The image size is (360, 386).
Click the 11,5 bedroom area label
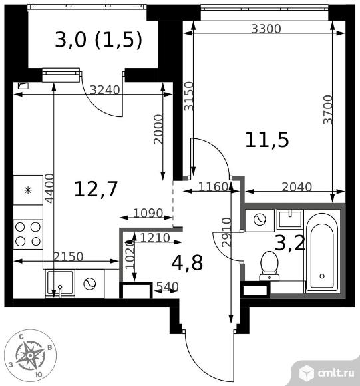tap(267, 140)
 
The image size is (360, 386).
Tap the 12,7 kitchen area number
tap(96, 189)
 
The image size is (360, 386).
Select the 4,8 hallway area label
tap(187, 263)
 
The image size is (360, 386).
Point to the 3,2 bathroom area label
tap(290, 243)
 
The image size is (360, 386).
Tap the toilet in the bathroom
tap(270, 266)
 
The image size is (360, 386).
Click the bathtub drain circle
tap(322, 276)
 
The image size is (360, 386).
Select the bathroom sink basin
tap(290, 218)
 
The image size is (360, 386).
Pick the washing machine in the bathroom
tap(260, 220)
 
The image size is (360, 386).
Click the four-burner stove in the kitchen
tap(28, 234)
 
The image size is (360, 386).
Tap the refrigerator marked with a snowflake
tap(28, 190)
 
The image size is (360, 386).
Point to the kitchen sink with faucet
tap(60, 283)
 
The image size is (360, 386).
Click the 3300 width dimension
tap(266, 29)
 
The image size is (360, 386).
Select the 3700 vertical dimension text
tap(328, 110)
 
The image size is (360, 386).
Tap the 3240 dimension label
tap(105, 90)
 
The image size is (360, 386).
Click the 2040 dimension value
tap(297, 187)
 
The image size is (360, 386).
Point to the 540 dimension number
tap(168, 286)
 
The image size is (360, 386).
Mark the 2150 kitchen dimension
tap(69, 257)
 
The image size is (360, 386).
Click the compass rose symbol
tap(30, 355)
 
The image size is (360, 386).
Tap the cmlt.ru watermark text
tap(336, 373)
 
